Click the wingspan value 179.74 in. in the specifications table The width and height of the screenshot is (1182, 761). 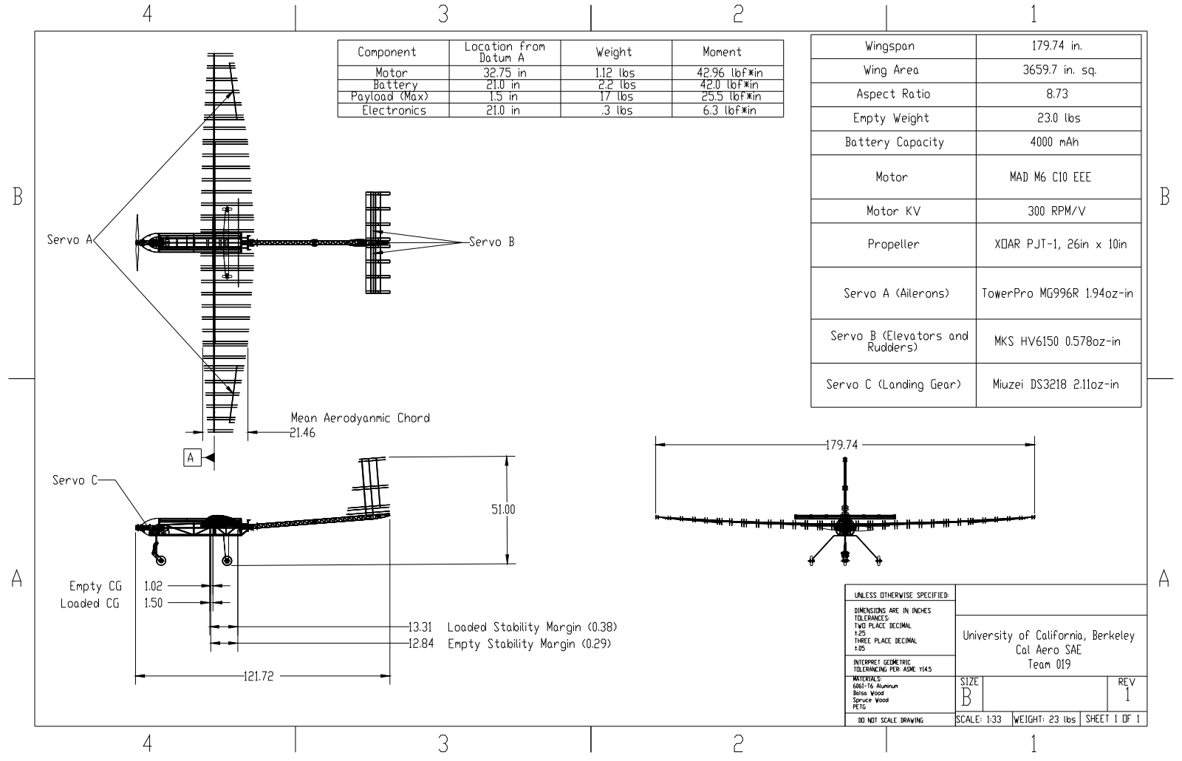[1057, 46]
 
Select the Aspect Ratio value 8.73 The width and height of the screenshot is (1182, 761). [1057, 94]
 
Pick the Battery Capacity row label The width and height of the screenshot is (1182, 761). [894, 143]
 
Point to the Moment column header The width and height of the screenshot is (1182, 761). [722, 52]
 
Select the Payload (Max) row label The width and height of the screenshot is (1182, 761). [389, 97]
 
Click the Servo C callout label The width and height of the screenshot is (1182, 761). [75, 480]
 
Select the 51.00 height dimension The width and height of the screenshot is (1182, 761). [503, 509]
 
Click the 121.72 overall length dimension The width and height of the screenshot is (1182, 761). [258, 676]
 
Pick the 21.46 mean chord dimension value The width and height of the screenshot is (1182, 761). [303, 433]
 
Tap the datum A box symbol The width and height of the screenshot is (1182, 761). [191, 458]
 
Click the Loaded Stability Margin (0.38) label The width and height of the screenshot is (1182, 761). [532, 627]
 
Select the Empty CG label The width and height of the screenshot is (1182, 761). [95, 587]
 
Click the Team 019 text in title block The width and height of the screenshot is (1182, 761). [1049, 664]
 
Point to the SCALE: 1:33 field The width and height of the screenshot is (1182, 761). [979, 719]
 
